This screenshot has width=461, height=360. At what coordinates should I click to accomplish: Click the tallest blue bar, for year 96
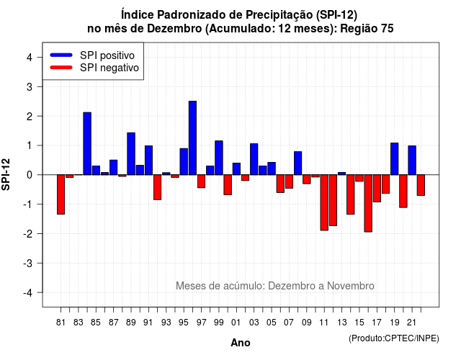click(192, 138)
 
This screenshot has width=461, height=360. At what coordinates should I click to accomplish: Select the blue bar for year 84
click(87, 143)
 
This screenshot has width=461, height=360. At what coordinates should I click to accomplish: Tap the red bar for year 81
click(61, 194)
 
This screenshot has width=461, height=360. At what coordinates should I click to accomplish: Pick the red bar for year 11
click(324, 202)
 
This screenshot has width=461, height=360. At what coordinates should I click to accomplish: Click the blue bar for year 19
click(395, 158)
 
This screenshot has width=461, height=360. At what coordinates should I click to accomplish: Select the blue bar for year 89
click(131, 153)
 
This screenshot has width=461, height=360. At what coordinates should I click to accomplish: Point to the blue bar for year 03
click(254, 159)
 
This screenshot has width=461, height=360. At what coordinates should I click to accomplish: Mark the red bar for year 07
click(290, 181)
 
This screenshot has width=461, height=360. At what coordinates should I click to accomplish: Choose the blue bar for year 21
click(412, 160)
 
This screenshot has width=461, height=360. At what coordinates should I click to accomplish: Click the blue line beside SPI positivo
click(61, 55)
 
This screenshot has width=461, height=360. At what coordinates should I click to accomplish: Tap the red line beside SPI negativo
click(61, 67)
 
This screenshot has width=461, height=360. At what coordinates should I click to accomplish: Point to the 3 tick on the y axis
click(40, 86)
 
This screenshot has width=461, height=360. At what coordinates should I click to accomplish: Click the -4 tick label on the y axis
click(29, 293)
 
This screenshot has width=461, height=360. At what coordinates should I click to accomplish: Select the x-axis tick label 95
click(184, 323)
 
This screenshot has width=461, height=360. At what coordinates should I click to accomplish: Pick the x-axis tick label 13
click(341, 323)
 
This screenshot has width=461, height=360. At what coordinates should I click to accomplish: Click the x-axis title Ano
click(241, 343)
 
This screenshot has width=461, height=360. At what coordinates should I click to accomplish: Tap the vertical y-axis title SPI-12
click(6, 174)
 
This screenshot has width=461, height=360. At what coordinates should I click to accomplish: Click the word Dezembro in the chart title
click(174, 29)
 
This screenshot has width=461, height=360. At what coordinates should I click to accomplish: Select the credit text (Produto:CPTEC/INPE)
click(394, 338)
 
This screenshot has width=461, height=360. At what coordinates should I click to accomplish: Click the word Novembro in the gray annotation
click(351, 286)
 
